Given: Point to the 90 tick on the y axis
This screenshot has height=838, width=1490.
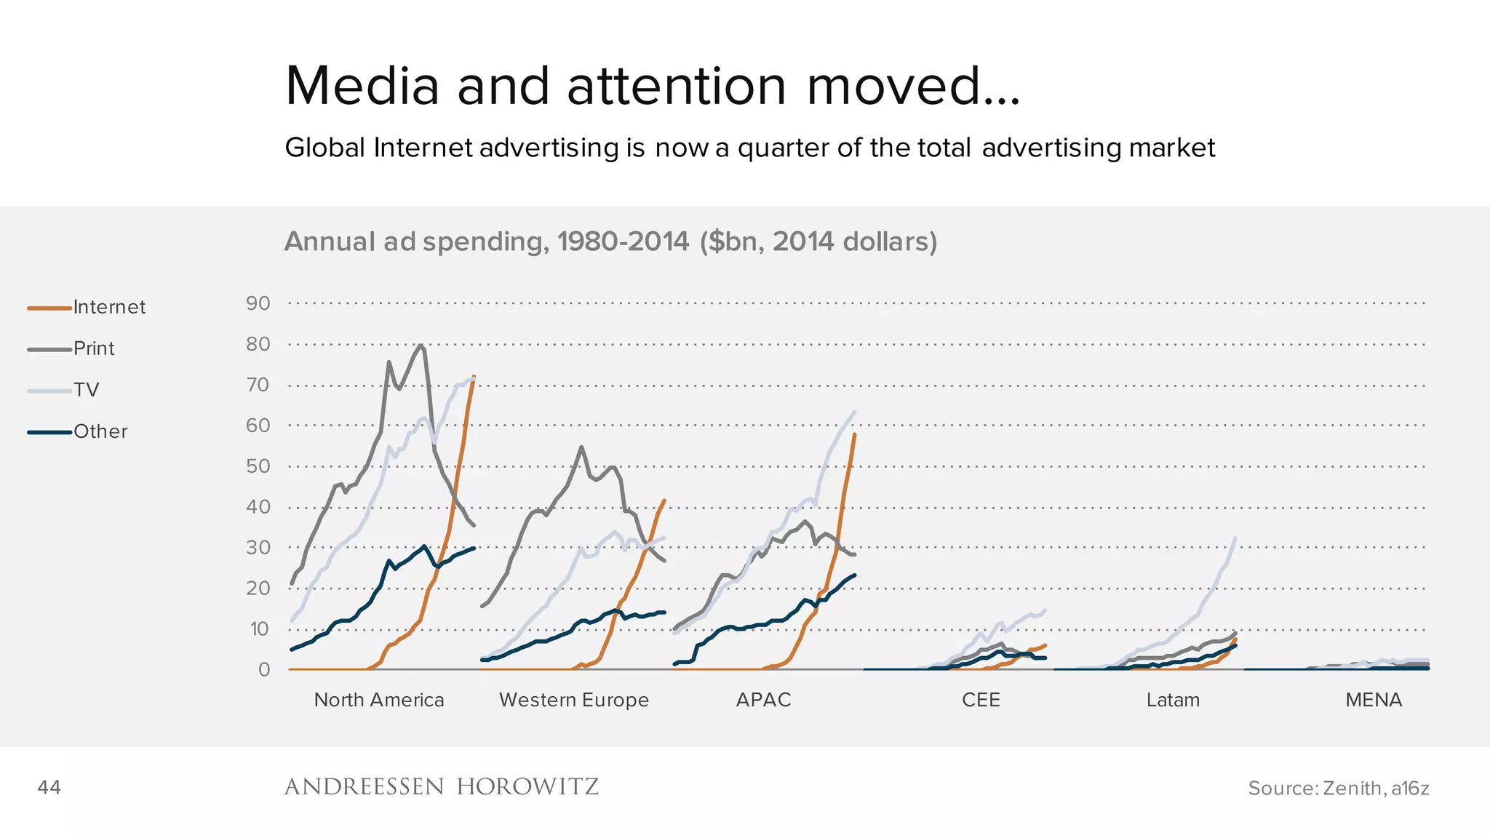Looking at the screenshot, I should tap(258, 303).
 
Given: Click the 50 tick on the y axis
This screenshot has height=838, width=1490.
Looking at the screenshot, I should tap(258, 466).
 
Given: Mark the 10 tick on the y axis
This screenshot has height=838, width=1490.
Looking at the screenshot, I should tap(259, 629).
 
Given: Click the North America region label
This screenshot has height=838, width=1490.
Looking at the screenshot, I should tap(378, 700).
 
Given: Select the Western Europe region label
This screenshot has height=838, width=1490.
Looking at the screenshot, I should tap(573, 700).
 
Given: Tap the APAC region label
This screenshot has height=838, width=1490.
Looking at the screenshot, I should tap(763, 700).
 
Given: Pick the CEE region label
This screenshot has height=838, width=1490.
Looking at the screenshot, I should tap(981, 700).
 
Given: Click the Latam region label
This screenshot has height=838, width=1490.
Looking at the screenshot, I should tap(1173, 700).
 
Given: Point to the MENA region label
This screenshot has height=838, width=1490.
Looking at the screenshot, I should tap(1374, 700).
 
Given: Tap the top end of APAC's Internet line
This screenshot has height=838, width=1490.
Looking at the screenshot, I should tap(854, 435).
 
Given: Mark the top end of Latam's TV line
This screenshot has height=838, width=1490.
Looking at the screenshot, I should tap(1235, 538).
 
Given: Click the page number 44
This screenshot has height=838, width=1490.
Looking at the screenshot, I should tap(49, 788).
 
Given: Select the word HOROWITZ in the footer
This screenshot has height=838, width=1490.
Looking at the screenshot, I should tap(527, 787).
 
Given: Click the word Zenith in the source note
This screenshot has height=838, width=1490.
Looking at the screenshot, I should tap(1352, 789).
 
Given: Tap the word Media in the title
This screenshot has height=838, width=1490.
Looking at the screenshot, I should tap(362, 87).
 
